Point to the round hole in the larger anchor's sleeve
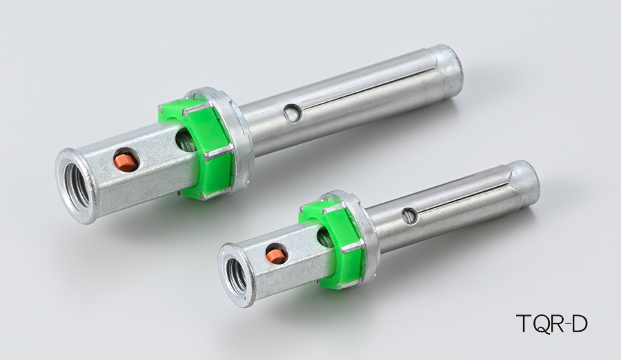[x=293, y=114]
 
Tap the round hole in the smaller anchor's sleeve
[x=409, y=216]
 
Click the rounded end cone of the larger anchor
[x=448, y=72]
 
